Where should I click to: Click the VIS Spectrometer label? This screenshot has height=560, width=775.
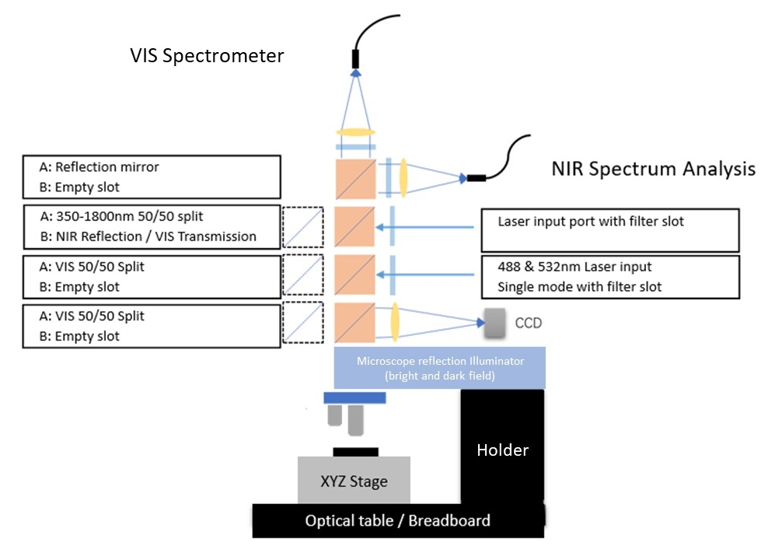207,56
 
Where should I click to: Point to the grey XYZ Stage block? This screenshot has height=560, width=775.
354,481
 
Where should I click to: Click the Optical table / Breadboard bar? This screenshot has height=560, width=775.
398,520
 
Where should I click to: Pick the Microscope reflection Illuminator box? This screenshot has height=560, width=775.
439,367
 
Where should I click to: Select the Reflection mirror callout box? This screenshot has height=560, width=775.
152,177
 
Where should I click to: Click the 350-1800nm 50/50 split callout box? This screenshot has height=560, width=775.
152,226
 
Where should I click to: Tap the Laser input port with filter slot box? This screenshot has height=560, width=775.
609,229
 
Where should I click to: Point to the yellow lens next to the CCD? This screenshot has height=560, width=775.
396,323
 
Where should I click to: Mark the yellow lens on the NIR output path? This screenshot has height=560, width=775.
404,178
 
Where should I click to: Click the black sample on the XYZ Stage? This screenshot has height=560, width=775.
355,452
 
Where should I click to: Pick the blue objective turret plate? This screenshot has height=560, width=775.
354,397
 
